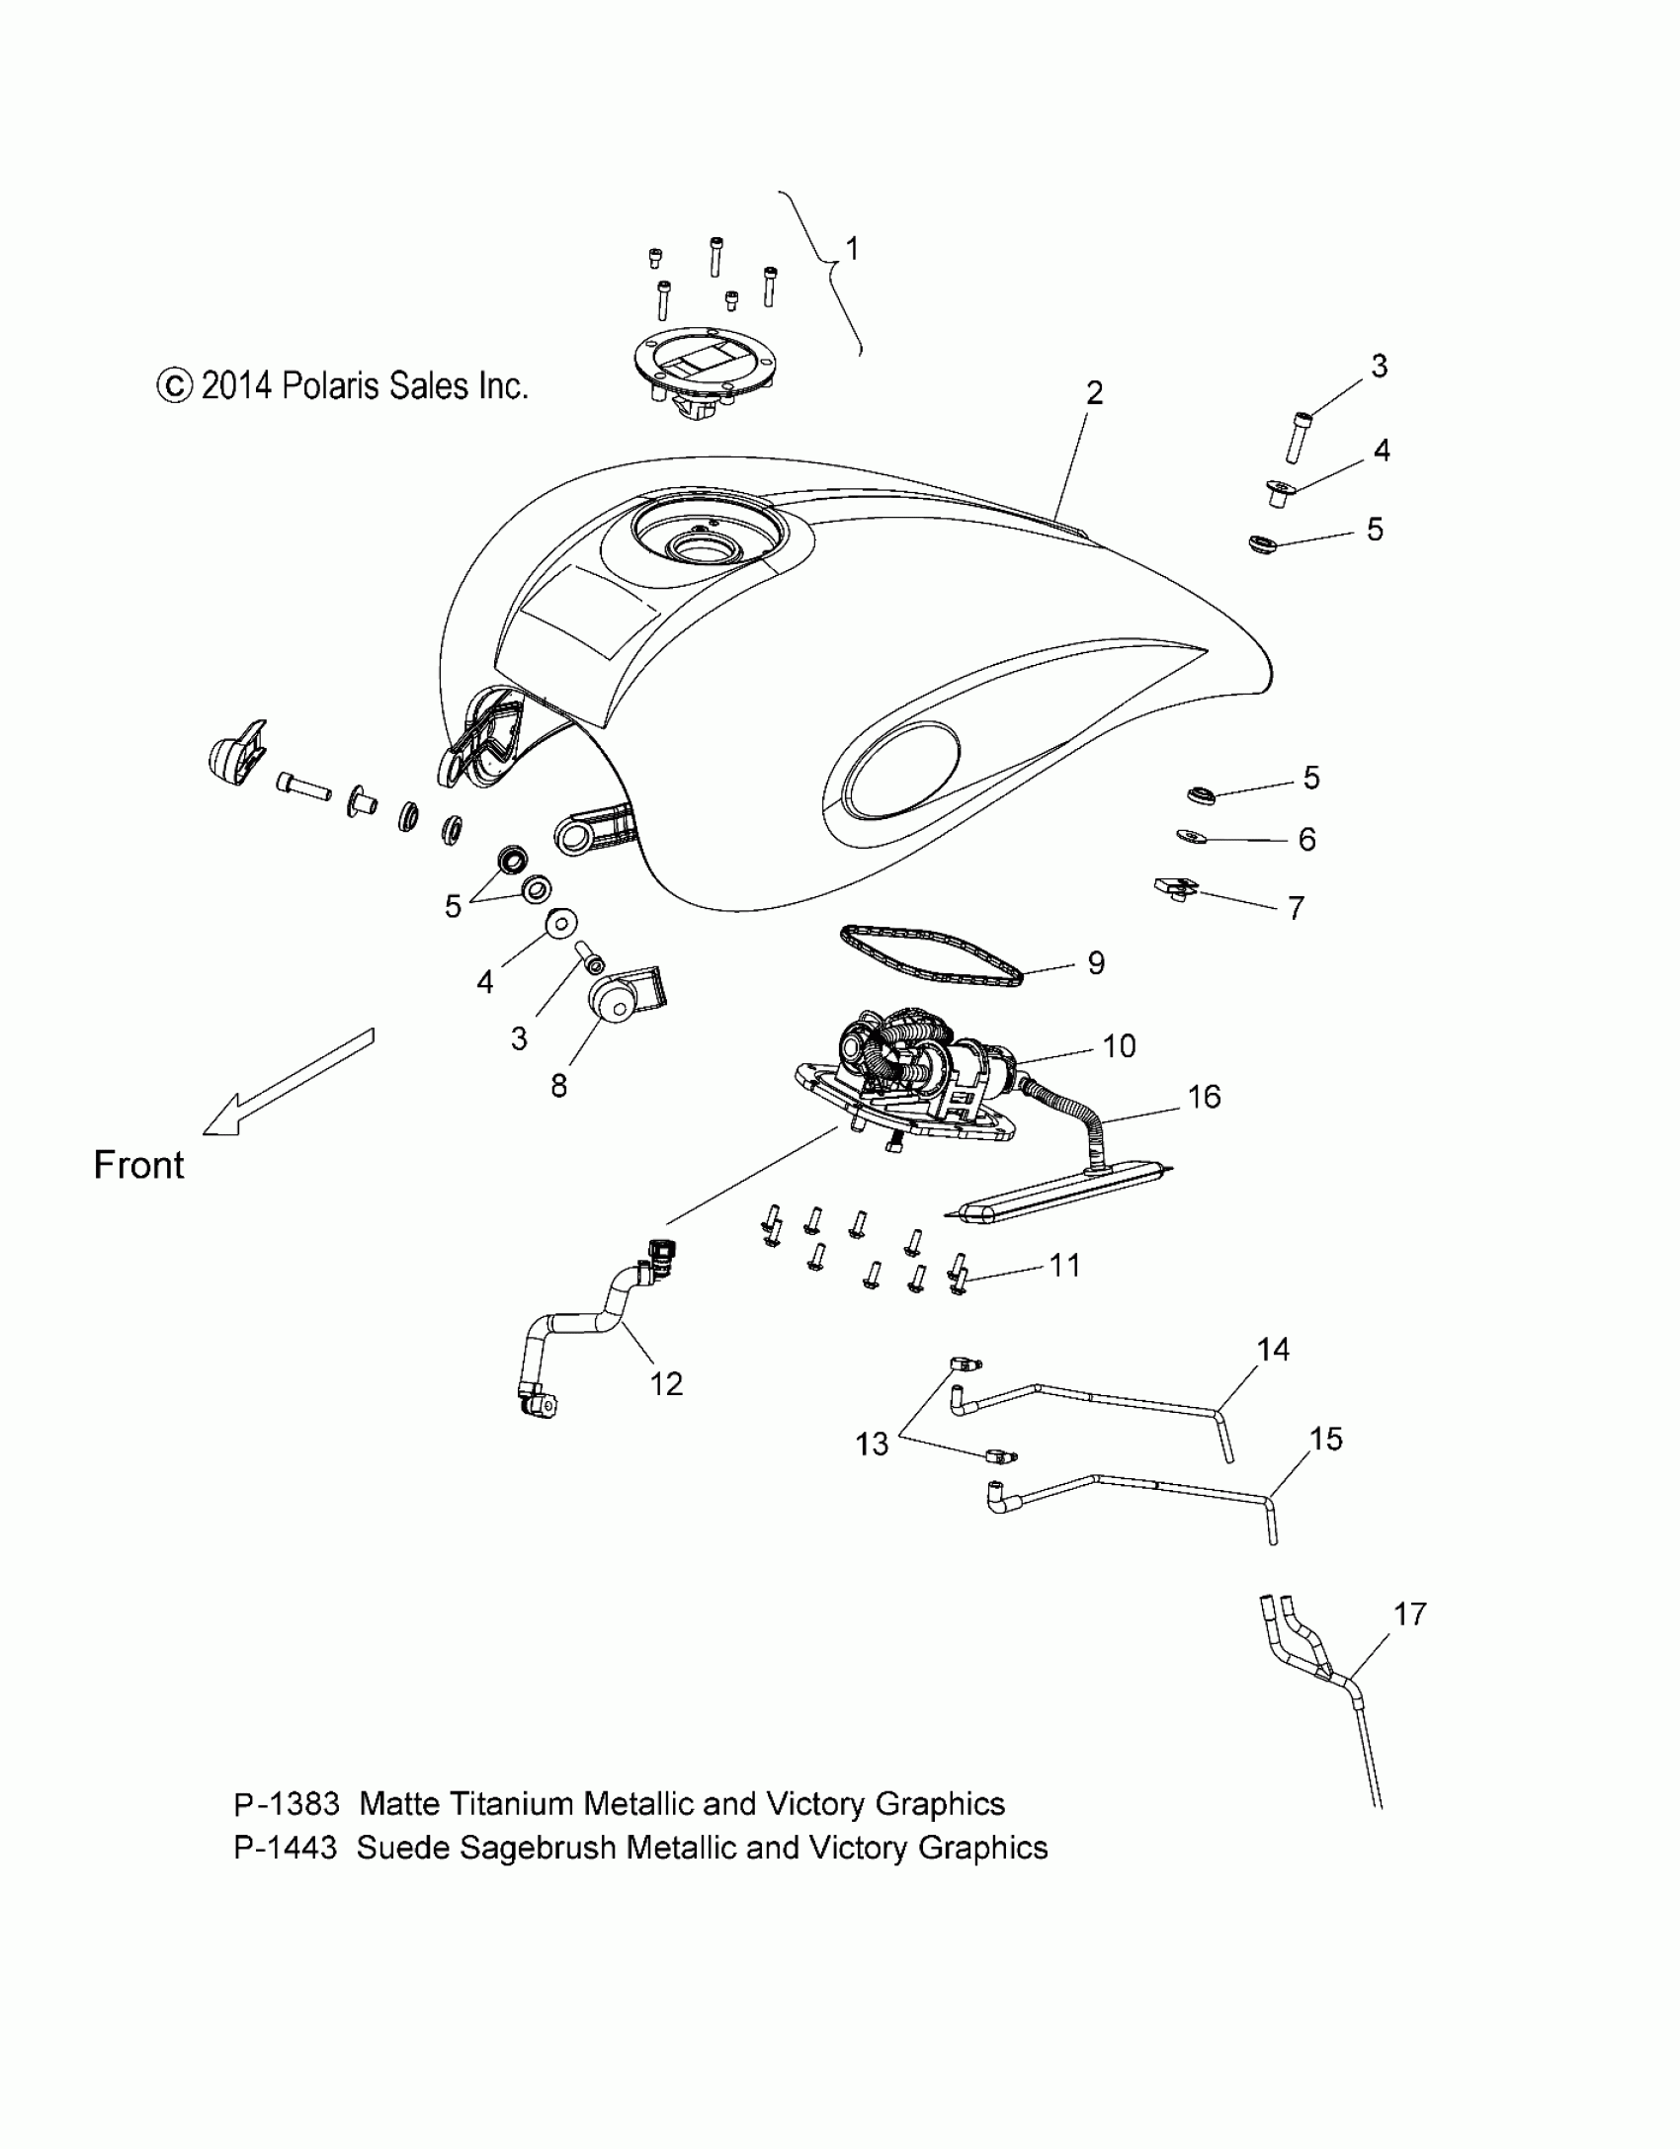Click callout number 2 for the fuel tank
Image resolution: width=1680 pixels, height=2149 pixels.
[1093, 393]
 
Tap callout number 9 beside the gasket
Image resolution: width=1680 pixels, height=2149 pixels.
[1096, 962]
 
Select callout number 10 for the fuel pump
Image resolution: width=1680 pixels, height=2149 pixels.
[1119, 1046]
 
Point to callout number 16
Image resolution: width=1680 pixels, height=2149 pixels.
[1205, 1097]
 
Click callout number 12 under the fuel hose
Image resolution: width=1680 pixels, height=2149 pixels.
[666, 1384]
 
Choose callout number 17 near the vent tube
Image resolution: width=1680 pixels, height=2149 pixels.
[1410, 1614]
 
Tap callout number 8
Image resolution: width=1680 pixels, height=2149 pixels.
[558, 1086]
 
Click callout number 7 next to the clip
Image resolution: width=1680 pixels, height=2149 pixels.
[1296, 907]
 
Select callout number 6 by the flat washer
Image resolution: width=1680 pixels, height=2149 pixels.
[1306, 840]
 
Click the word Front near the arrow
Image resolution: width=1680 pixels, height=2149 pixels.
[138, 1166]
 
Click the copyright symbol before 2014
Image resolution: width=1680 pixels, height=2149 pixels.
[174, 386]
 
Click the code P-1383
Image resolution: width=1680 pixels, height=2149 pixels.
[287, 1804]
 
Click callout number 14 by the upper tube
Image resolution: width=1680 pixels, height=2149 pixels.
[1273, 1349]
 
